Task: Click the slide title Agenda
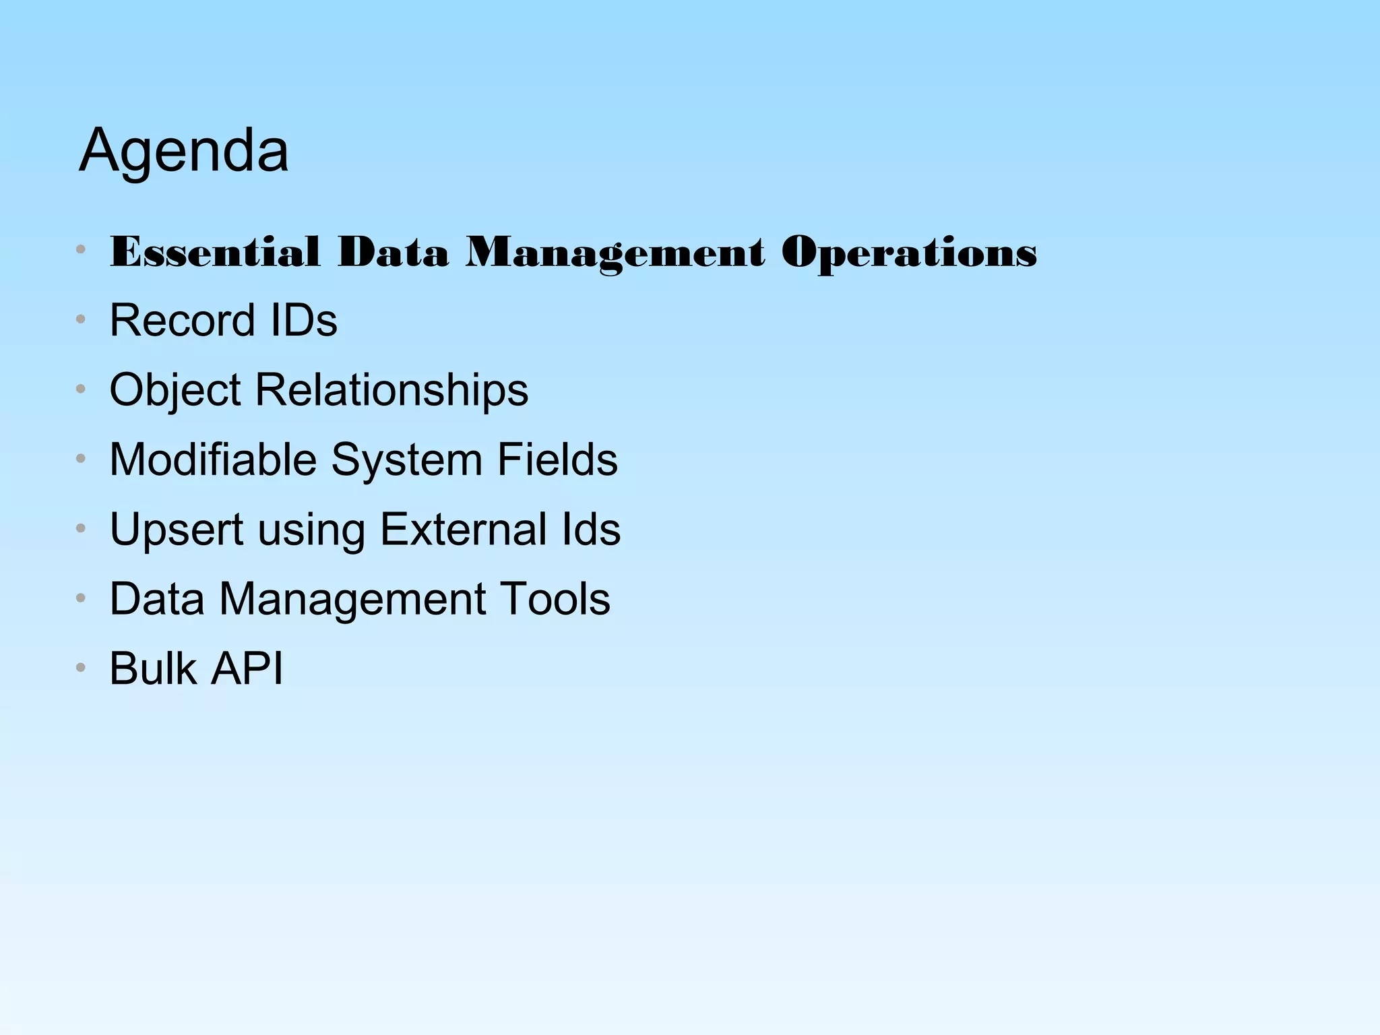[183, 151]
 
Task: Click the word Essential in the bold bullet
[214, 252]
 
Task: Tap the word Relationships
[391, 389]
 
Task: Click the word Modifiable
[213, 460]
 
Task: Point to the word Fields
[557, 460]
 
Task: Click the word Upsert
[177, 530]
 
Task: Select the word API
[247, 668]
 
